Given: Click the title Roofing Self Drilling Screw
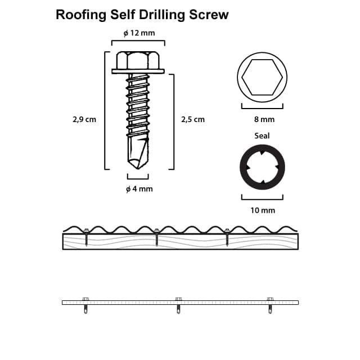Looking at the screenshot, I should [x=142, y=15].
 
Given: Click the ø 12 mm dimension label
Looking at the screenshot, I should [x=138, y=33].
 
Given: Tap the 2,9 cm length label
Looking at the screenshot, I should [x=84, y=119].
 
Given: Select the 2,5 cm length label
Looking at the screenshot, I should [x=193, y=119].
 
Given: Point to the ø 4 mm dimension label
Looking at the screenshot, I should [x=139, y=189].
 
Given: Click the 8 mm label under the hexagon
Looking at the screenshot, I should [x=262, y=119].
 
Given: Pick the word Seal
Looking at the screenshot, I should [x=262, y=136].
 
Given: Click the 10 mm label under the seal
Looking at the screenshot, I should [x=262, y=210].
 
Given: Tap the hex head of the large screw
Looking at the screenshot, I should [x=138, y=60].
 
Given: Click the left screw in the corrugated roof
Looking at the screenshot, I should [x=86, y=236].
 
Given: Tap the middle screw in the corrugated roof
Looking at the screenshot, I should [x=156, y=236].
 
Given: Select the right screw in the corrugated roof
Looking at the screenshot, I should [x=227, y=236].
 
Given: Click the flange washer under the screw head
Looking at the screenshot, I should [x=138, y=71].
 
